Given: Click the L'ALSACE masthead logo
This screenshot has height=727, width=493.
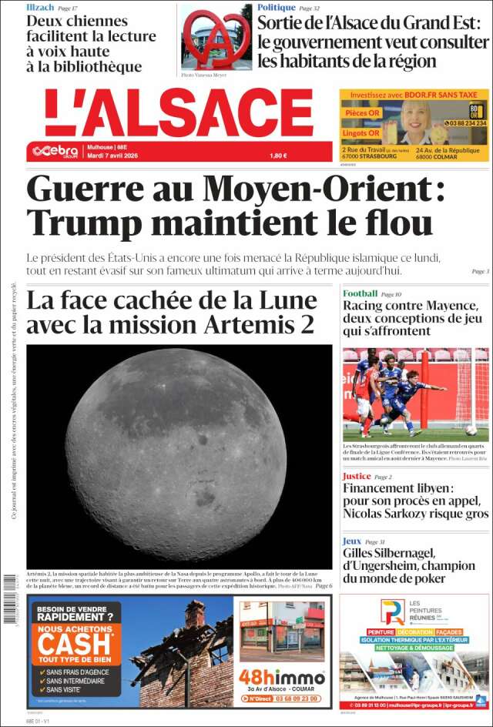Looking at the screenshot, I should (x=179, y=113).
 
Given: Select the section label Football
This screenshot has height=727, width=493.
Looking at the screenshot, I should (x=360, y=293).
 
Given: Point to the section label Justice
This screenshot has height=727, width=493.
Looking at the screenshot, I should (x=357, y=476).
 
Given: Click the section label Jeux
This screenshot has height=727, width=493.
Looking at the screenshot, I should (x=351, y=541).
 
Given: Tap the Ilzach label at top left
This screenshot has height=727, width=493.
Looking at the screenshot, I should (x=40, y=7).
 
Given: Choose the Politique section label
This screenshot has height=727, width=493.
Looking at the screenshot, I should (x=277, y=7).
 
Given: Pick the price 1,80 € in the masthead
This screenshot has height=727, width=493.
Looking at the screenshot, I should (x=278, y=156).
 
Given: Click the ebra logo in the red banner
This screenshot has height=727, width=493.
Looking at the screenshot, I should (x=55, y=151).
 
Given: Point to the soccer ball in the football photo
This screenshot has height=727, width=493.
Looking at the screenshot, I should (x=471, y=430).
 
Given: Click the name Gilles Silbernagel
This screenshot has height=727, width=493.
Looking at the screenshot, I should (x=389, y=553).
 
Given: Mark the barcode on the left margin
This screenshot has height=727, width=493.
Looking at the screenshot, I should (x=10, y=597).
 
